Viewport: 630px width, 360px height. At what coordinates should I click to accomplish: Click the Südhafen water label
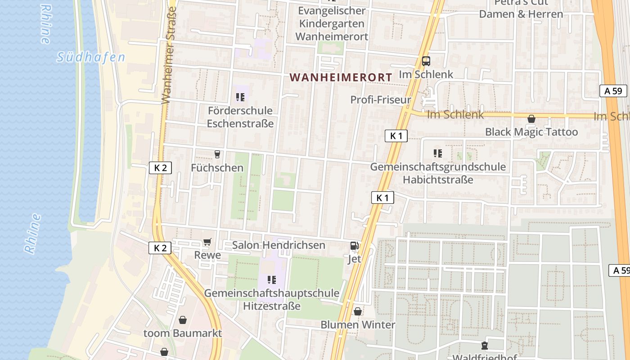click(x=91, y=57)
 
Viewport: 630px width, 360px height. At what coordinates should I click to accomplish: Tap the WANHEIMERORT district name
click(x=341, y=77)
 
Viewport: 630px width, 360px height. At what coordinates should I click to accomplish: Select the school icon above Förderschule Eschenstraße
click(x=240, y=97)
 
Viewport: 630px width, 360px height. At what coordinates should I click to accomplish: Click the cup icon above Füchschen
click(x=217, y=154)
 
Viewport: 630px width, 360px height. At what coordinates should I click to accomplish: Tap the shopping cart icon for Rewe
click(x=207, y=243)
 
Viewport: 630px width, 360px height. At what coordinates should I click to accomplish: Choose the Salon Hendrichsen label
click(x=278, y=245)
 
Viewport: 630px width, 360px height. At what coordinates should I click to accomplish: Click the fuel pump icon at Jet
click(x=355, y=246)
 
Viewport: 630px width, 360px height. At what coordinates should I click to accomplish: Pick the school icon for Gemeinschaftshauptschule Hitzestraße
click(x=271, y=280)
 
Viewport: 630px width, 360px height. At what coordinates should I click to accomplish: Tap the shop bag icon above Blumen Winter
click(x=358, y=311)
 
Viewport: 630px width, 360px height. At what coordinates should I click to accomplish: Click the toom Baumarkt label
click(x=183, y=333)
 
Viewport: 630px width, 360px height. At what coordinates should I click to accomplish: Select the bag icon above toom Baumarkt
click(x=183, y=320)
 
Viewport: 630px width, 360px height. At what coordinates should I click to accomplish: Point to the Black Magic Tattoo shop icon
click(x=531, y=119)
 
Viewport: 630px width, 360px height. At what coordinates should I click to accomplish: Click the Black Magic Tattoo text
click(x=531, y=132)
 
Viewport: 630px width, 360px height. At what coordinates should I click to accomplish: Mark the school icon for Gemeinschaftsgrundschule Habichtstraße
click(x=437, y=153)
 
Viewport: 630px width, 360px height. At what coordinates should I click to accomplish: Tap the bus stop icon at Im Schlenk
click(x=426, y=61)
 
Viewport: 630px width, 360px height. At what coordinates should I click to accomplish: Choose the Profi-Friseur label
click(x=381, y=100)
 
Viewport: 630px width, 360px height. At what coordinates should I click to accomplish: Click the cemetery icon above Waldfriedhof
click(x=484, y=346)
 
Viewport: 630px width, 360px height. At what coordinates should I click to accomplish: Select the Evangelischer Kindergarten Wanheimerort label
click(x=332, y=23)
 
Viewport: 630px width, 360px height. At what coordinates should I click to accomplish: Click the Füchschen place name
click(x=217, y=168)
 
